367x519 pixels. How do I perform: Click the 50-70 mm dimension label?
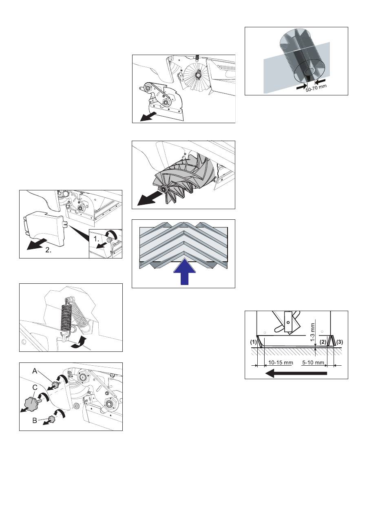tap(316, 88)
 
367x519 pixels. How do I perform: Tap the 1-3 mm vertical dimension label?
tap(313, 332)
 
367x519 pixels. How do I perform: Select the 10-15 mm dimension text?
tap(281, 362)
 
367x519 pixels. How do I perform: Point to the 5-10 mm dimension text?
tap(313, 362)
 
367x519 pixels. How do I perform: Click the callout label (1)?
tap(254, 342)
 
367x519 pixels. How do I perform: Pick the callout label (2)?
tap(323, 342)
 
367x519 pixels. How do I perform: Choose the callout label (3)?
tap(339, 342)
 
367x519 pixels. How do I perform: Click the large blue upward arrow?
tap(184, 274)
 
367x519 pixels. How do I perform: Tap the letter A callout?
tap(35, 371)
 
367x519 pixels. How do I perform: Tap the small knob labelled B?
tap(51, 419)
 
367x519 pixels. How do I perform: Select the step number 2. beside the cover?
tap(48, 250)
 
